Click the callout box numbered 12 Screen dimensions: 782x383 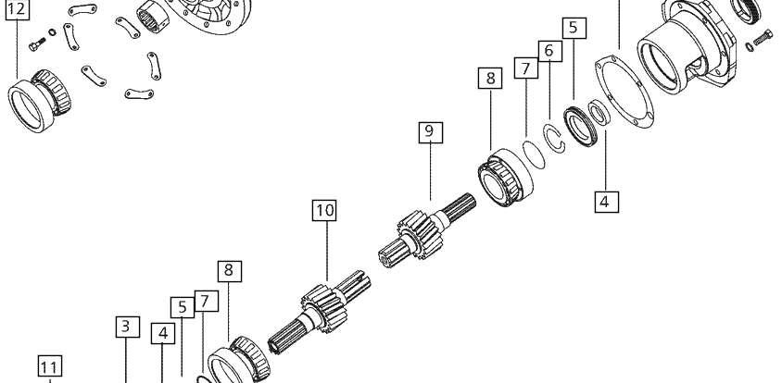point(17,9)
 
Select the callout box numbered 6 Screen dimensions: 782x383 point(549,51)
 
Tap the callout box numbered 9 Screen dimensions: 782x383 point(431,132)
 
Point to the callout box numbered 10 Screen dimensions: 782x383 point(324,210)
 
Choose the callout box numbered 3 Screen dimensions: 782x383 point(128,327)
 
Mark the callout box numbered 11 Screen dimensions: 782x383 point(49,367)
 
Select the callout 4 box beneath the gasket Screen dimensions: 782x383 point(607,202)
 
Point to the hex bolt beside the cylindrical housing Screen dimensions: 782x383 point(762,37)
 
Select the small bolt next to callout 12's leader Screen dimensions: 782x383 point(37,45)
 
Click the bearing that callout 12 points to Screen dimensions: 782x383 point(39,101)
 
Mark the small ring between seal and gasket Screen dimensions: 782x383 point(599,113)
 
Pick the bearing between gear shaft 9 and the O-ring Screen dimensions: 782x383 point(505,178)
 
